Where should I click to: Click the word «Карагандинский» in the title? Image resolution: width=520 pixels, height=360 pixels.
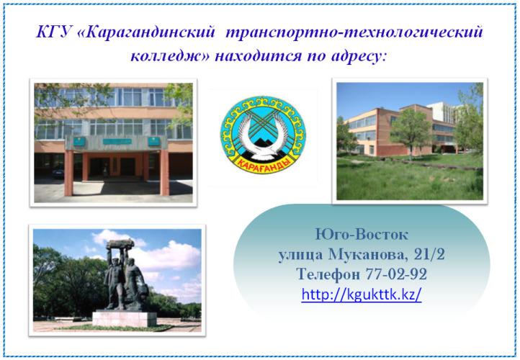point(146,33)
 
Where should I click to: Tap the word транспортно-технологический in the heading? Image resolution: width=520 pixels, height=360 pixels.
point(354,32)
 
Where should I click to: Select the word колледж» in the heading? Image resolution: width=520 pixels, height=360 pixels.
point(170,56)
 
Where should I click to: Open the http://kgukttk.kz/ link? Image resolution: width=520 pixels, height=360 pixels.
point(362,294)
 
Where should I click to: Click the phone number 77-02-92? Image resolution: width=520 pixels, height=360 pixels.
point(396,274)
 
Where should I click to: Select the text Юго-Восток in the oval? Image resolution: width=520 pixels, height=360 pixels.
point(362,235)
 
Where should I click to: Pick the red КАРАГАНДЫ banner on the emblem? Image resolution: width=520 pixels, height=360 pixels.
point(264,164)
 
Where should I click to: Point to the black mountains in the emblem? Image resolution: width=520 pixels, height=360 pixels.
point(264,149)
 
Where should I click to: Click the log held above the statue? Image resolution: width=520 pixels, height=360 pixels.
point(120,244)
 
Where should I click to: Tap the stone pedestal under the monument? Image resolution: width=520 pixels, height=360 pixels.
point(125,318)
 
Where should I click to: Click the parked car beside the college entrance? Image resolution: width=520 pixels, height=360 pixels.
point(58,171)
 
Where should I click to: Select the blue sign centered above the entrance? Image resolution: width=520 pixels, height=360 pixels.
point(117,142)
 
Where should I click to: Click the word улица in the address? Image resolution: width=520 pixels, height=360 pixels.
point(300,256)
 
